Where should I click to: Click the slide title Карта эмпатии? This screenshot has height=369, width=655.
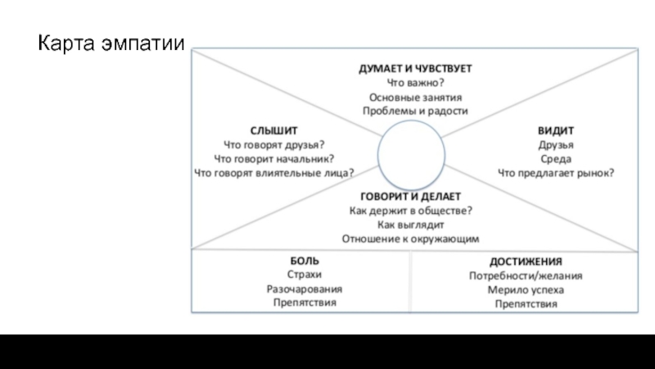[111, 43]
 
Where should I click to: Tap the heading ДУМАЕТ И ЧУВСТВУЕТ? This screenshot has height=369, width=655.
[415, 68]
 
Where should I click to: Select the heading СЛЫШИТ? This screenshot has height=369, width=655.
[273, 130]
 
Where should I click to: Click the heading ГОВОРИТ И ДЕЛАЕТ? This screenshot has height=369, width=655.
[411, 197]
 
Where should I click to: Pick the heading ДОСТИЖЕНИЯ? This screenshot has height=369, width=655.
[526, 262]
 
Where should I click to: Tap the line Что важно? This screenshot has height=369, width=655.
[415, 82]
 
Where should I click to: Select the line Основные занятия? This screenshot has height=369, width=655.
[415, 97]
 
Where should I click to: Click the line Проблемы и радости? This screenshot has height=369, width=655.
[415, 111]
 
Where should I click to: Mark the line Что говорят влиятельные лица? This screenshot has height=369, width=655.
[274, 172]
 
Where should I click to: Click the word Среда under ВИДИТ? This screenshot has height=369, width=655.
[556, 158]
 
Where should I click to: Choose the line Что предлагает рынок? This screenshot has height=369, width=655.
[556, 172]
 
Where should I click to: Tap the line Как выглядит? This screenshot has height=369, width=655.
[410, 224]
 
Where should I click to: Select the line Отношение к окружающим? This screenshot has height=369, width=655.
[410, 238]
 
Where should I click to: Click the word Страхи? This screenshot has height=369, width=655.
[305, 275]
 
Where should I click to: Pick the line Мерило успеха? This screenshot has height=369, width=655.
[526, 289]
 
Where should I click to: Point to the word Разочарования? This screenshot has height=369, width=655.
[305, 289]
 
